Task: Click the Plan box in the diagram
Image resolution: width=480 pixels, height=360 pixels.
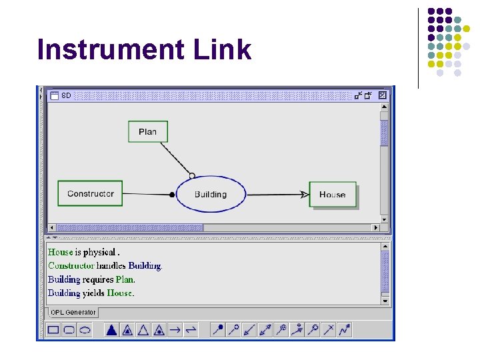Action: [148, 131]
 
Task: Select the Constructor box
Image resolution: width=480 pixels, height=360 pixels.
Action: [90, 194]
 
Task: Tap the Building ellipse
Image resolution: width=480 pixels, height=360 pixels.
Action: [211, 195]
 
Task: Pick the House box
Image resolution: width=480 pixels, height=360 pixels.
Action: [332, 195]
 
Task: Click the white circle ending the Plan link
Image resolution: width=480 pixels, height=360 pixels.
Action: [192, 176]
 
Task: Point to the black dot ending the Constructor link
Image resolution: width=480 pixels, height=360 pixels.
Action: [172, 195]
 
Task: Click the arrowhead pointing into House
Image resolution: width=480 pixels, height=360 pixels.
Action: [305, 195]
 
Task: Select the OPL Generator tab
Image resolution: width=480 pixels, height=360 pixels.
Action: [73, 313]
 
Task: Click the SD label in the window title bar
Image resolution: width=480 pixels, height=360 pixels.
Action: [66, 95]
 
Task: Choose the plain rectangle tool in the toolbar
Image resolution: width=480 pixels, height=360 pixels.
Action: [53, 329]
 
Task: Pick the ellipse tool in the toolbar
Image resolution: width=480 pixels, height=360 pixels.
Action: [85, 329]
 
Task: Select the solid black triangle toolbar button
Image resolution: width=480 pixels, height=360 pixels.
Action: [111, 329]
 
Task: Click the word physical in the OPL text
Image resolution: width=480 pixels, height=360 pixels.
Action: [100, 252]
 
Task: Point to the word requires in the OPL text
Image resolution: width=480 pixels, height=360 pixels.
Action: [98, 279]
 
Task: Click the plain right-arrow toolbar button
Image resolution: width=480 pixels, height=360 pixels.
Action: [175, 329]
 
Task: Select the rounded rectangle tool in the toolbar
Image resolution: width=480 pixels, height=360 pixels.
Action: [69, 329]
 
